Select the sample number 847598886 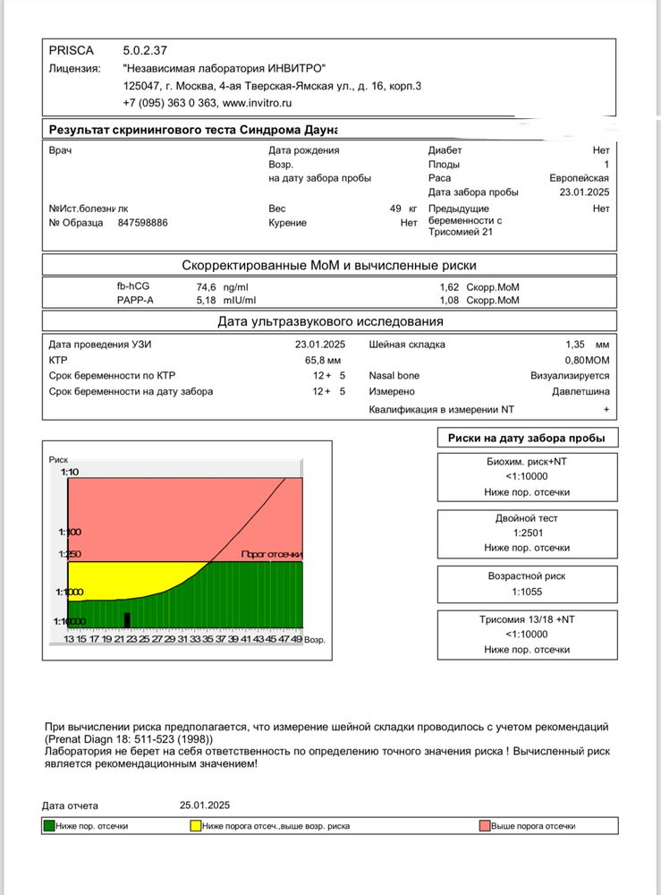[143, 223]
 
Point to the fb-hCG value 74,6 [208, 287]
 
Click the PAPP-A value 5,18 [207, 300]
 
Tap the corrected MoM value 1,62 [450, 287]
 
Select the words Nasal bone [394, 376]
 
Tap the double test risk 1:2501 [526, 533]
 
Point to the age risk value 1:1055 [526, 592]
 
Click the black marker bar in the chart [127, 619]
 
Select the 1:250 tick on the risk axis [68, 555]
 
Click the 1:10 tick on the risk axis [70, 472]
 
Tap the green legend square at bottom [50, 826]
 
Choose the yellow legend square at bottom [194, 826]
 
